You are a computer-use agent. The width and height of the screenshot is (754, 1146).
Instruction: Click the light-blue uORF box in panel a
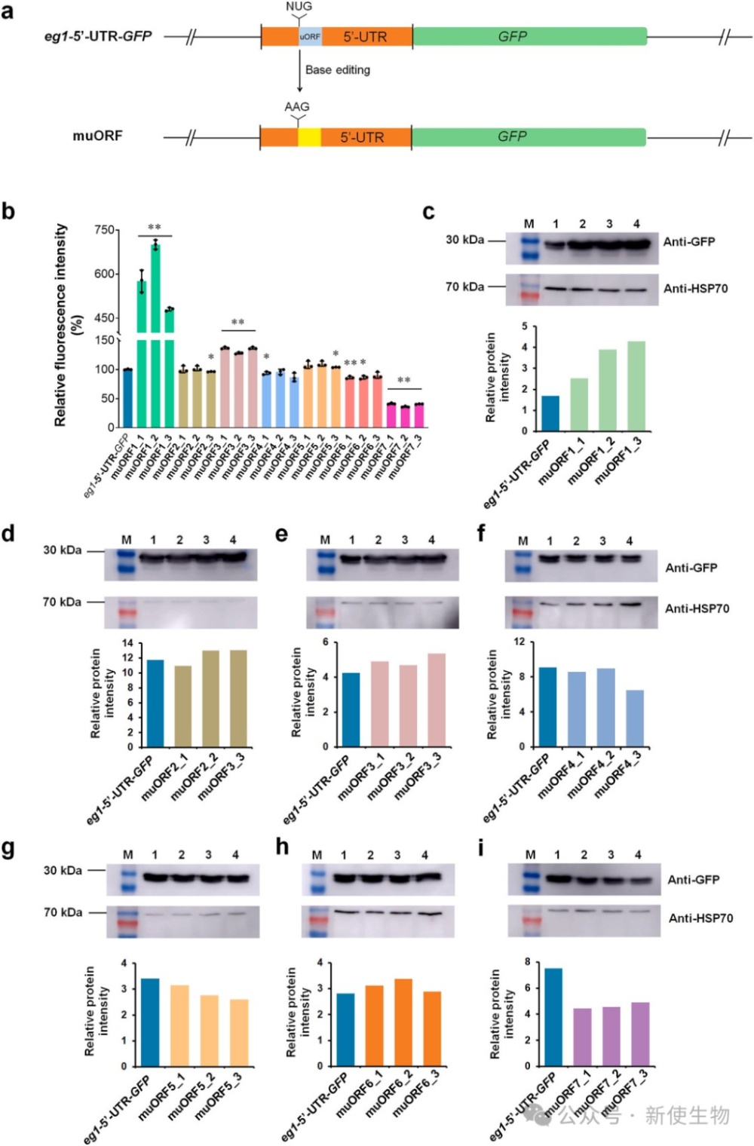point(310,36)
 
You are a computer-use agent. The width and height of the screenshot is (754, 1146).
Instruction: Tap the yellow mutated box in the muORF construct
point(309,136)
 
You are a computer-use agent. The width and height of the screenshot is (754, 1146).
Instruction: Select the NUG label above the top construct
point(299,7)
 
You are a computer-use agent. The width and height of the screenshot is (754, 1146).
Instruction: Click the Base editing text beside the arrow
point(337,70)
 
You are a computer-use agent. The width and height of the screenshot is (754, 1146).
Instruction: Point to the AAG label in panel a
point(297,107)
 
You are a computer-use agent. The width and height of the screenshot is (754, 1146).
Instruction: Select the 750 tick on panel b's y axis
point(105,230)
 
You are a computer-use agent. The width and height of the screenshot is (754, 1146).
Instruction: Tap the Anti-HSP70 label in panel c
point(695,288)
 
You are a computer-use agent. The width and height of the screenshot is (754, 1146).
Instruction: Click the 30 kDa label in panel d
point(62,550)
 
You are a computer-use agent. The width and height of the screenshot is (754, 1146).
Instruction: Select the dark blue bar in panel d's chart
point(155,703)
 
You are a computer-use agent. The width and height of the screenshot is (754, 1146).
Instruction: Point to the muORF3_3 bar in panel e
point(437,700)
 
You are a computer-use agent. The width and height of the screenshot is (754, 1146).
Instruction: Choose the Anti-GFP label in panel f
point(691,568)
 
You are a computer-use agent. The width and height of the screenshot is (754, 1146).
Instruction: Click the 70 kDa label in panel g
point(63,912)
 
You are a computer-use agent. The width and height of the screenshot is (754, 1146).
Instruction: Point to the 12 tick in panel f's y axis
point(520,642)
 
